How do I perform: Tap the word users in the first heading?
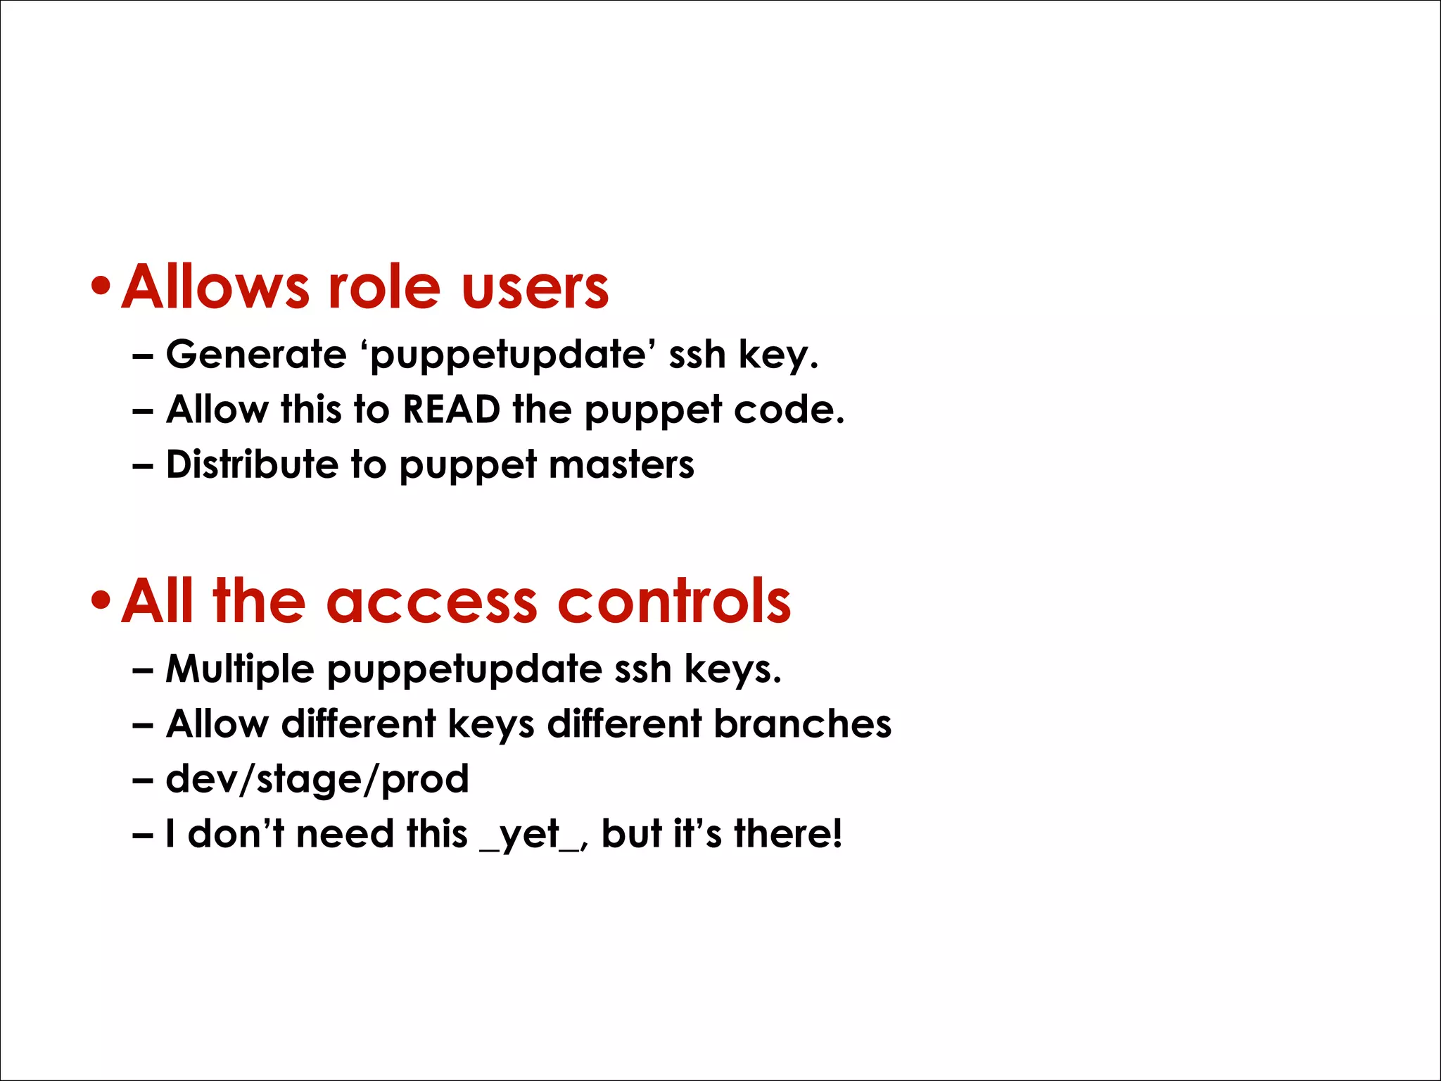click(x=535, y=289)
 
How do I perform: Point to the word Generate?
click(x=256, y=353)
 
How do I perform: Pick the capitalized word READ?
click(x=451, y=409)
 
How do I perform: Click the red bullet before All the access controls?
click(x=101, y=600)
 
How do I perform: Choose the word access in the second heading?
click(x=431, y=602)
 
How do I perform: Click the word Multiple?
click(x=240, y=668)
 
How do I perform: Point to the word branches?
click(x=802, y=723)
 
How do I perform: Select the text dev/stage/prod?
click(x=317, y=779)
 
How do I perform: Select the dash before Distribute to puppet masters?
click(x=143, y=465)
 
